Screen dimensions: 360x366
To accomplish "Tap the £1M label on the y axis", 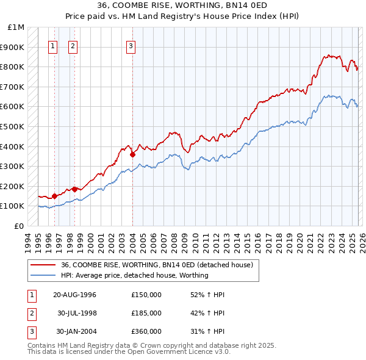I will pos(16,27).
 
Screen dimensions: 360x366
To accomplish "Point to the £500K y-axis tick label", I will pos(13,126).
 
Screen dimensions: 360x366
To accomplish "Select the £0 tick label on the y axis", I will pos(20,226).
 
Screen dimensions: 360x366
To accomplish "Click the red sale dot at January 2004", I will pos(132,154).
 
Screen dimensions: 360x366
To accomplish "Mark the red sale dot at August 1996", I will pos(54,196).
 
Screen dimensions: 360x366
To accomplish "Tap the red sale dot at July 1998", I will pos(74,189).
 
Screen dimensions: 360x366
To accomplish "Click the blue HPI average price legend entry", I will pos(134,275).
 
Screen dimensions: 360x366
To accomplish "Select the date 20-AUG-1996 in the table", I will pos(75,295).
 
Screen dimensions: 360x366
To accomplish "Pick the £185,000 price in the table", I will pos(146,313).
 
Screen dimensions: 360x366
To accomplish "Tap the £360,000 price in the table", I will pos(146,331).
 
